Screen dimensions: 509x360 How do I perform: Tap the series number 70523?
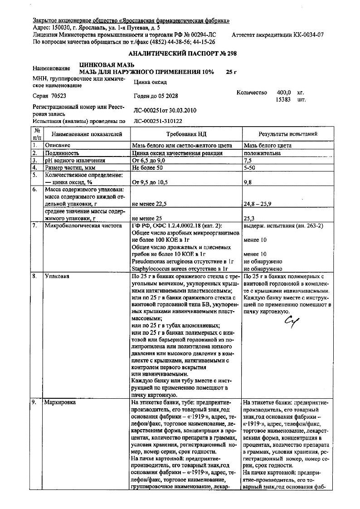click(57, 96)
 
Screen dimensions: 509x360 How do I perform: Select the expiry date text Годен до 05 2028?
click(156, 96)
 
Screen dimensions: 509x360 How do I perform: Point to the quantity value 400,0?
click(284, 92)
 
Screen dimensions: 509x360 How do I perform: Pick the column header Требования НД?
click(186, 134)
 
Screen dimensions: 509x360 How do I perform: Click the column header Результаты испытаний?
click(287, 134)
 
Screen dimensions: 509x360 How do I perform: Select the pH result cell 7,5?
click(248, 161)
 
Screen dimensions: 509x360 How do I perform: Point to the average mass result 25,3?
click(248, 218)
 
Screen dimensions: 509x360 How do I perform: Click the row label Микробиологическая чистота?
click(83, 225)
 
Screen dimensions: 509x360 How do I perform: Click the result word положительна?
click(262, 153)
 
